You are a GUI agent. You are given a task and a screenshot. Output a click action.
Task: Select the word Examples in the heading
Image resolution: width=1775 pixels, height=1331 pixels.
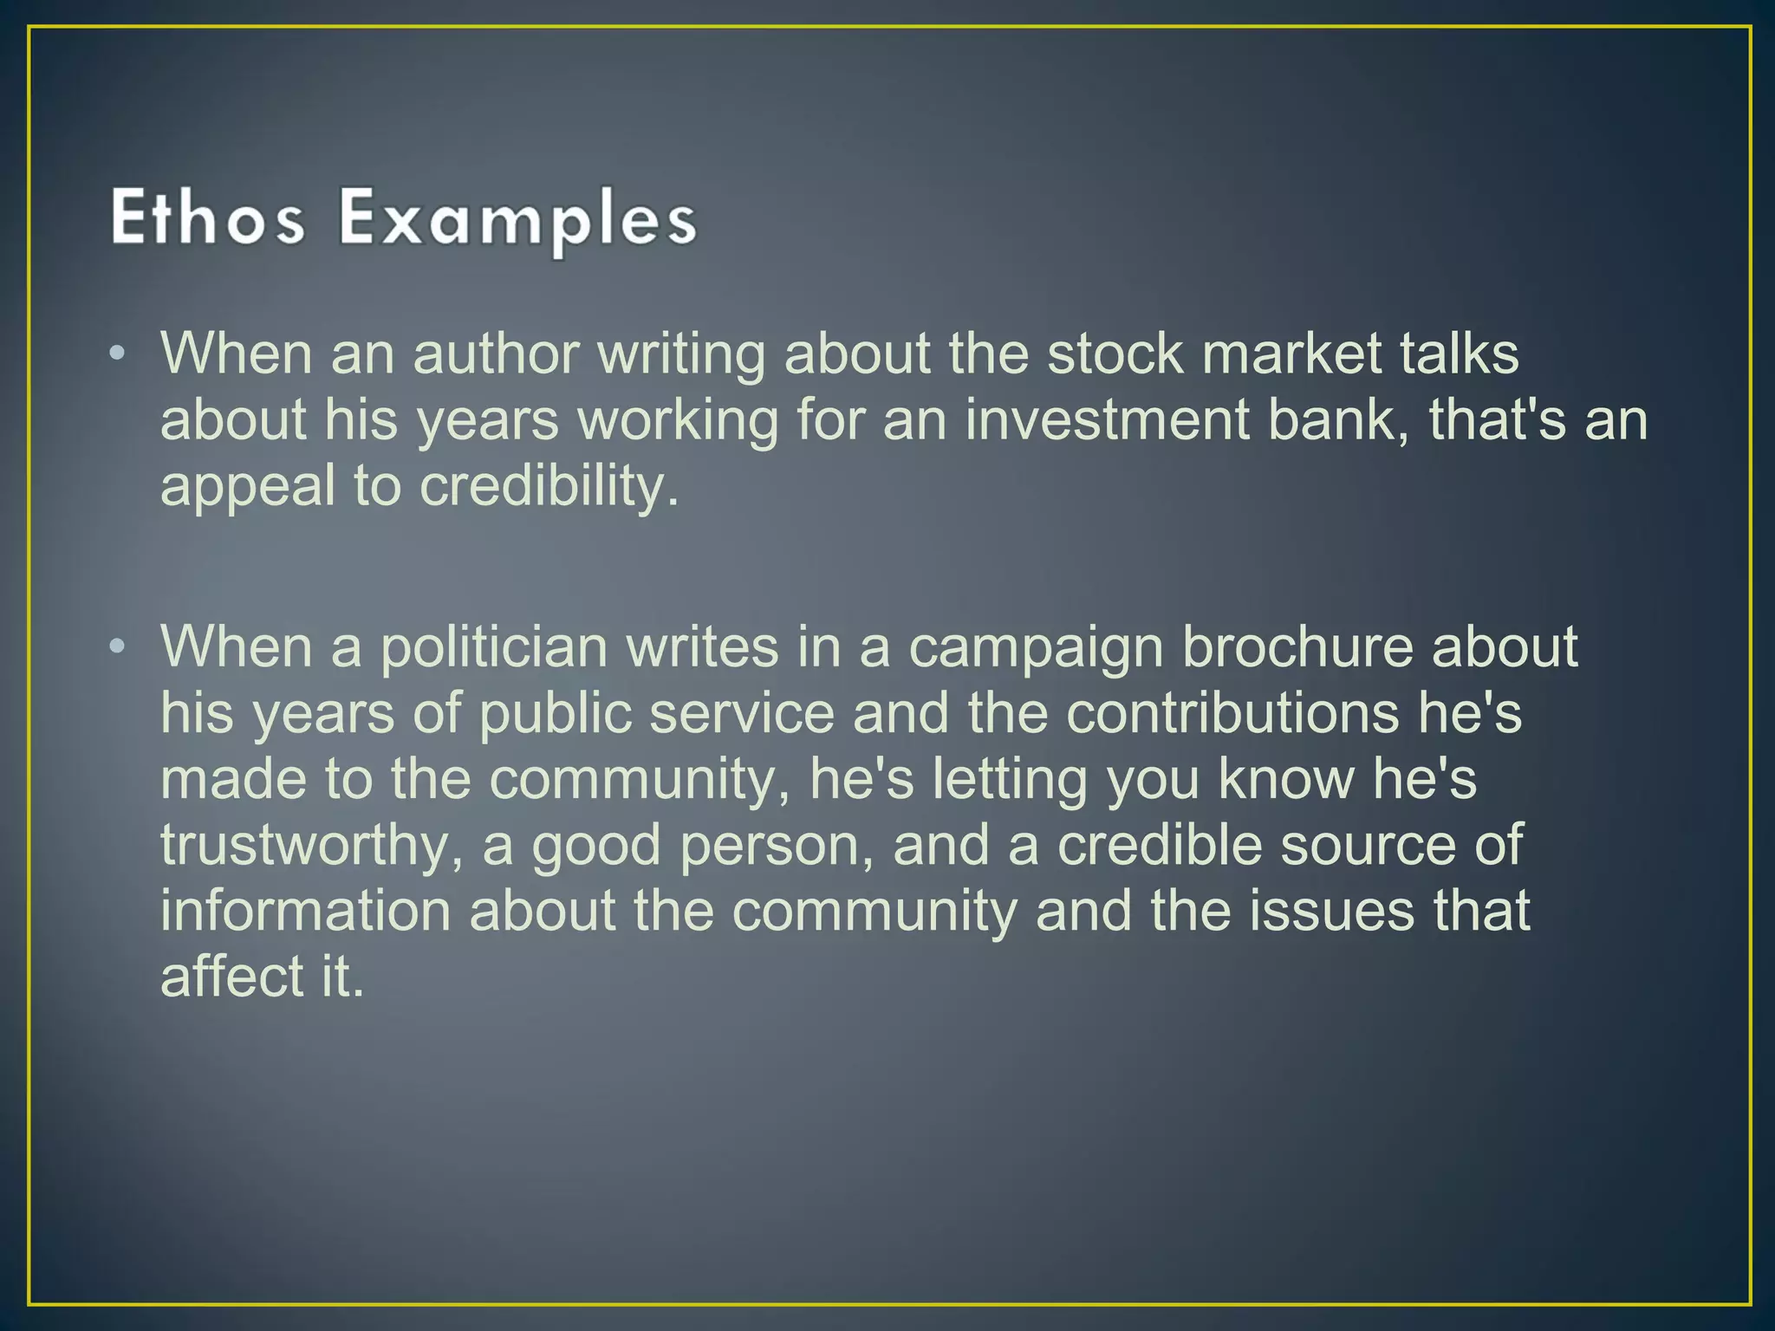(x=517, y=219)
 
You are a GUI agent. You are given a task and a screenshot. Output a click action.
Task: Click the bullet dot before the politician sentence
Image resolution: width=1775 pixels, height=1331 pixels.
(x=120, y=646)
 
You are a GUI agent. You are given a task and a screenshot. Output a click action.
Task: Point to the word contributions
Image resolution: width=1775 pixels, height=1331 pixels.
(x=1232, y=713)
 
